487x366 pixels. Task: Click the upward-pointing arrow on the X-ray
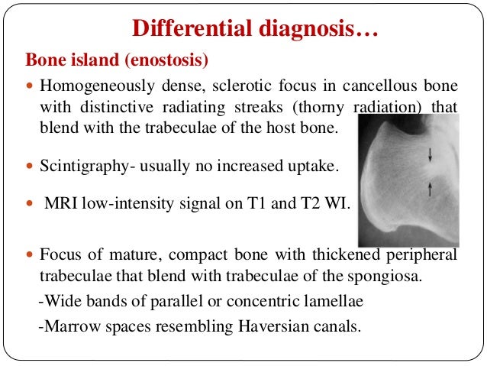431,189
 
